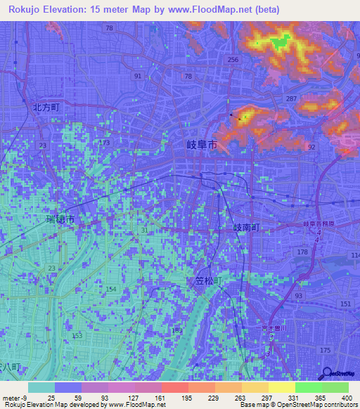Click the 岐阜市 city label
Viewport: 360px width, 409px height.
pos(191,145)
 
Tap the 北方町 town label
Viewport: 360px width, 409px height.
pos(47,108)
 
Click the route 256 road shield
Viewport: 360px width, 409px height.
pos(233,60)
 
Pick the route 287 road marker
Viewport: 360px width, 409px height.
pos(290,100)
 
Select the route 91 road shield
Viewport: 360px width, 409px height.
pos(137,76)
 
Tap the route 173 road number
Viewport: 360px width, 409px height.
pos(105,143)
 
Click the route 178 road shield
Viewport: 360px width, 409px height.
pos(303,252)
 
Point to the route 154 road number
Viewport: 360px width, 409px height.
pos(110,290)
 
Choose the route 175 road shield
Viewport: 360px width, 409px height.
pos(325,349)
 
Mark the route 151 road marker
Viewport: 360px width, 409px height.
pos(345,303)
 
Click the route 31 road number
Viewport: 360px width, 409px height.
pos(144,231)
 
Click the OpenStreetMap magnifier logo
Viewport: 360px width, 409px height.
pos(326,373)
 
